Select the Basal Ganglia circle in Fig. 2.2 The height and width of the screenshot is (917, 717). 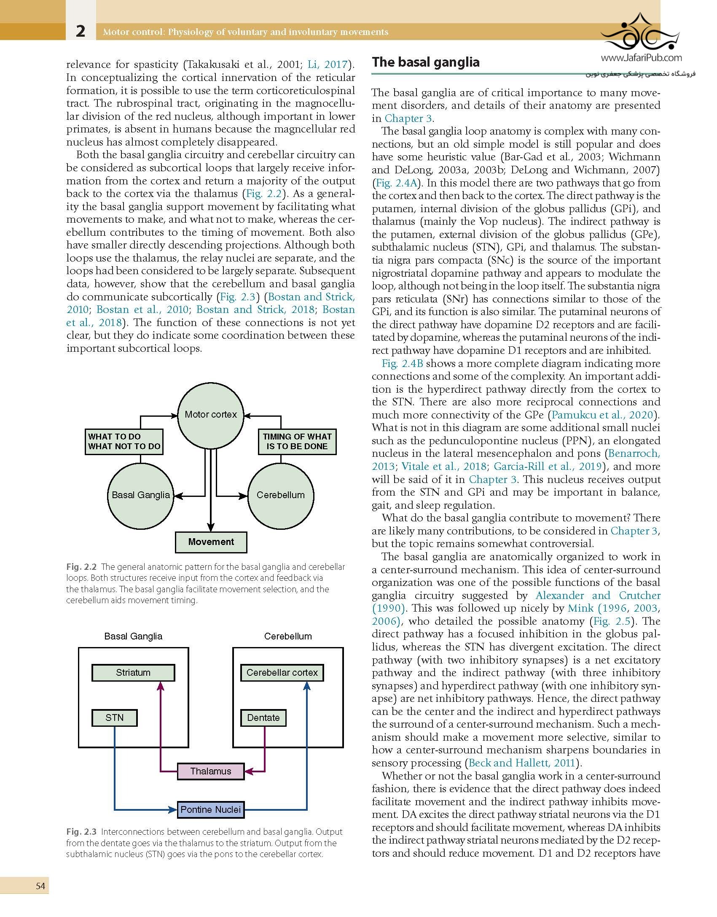[x=140, y=495]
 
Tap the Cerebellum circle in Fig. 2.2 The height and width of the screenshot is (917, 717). [x=281, y=495]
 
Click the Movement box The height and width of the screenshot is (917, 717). [x=211, y=542]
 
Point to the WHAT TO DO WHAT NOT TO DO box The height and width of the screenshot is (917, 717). [x=124, y=442]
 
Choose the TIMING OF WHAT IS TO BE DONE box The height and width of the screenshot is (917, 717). [x=297, y=442]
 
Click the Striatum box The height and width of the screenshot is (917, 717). [x=133, y=672]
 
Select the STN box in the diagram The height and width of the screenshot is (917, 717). [x=114, y=717]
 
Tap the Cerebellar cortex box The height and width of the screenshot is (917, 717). [x=282, y=672]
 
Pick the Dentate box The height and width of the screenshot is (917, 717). [x=263, y=717]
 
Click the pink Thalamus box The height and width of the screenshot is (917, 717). [x=211, y=771]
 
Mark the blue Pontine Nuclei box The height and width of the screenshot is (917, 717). [x=211, y=809]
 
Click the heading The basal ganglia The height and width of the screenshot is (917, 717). [x=426, y=62]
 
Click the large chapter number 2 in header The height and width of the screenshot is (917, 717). [x=80, y=31]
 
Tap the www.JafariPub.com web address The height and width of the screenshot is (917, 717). [x=641, y=58]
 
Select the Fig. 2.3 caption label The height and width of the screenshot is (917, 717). [x=81, y=832]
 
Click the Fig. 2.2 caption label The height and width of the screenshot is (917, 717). [x=81, y=567]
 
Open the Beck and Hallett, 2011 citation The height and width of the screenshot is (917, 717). [x=522, y=763]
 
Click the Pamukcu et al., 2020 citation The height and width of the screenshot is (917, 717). [x=602, y=415]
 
